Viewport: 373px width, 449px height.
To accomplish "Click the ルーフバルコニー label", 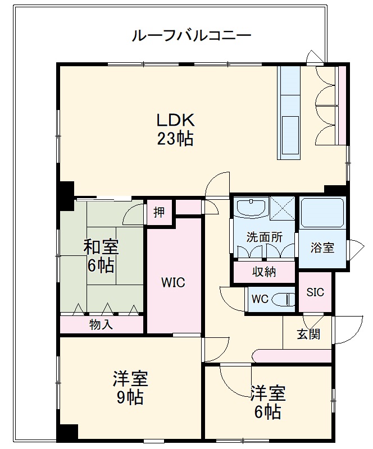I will tap(191, 36).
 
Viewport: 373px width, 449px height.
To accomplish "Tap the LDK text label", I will tap(175, 120).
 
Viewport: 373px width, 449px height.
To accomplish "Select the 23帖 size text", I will tap(175, 138).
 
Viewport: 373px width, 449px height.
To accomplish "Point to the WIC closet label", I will tap(174, 282).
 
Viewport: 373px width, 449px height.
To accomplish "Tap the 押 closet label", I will tap(160, 212).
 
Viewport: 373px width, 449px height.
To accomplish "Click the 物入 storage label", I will tap(101, 324).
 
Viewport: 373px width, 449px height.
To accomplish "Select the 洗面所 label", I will tap(264, 237).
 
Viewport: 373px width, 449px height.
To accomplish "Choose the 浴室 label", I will tap(323, 248).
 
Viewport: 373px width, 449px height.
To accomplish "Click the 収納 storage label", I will tap(264, 272).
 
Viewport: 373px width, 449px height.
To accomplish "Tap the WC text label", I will tap(260, 299).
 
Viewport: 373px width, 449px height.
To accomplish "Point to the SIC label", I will tap(315, 292).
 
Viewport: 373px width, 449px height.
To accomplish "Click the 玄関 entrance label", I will tap(308, 335).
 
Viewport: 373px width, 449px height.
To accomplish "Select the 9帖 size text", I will tap(130, 398).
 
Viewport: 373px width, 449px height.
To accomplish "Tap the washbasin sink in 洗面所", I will tap(251, 207).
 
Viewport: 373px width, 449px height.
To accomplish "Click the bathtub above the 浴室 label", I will tap(322, 213).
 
